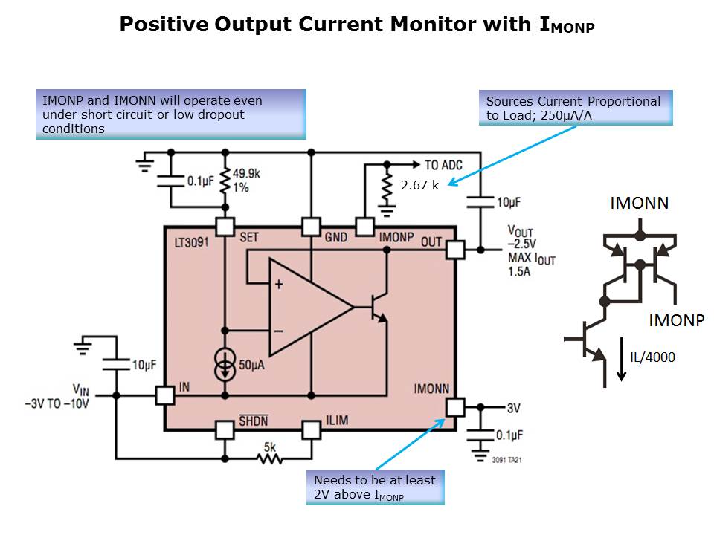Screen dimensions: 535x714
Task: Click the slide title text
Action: [x=357, y=25]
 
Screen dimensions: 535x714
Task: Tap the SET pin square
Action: [x=225, y=227]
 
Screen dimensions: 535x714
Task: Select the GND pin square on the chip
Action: [x=311, y=227]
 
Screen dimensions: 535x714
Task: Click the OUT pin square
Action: [x=454, y=249]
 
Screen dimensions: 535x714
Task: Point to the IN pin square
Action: [x=164, y=395]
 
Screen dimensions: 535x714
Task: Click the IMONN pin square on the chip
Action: [x=454, y=406]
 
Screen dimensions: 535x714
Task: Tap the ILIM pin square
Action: [x=311, y=429]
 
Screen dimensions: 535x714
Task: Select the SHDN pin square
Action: [x=225, y=429]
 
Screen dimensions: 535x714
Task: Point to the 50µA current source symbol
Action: [x=225, y=365]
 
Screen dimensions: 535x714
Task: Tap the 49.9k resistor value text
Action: [x=247, y=174]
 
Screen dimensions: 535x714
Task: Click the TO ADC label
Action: [x=444, y=164]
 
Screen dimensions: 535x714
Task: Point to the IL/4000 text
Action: [x=652, y=357]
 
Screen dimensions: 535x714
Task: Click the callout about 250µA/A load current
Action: [x=575, y=108]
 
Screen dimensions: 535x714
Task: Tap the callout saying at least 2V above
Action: [x=375, y=487]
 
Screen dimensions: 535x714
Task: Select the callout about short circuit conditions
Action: [x=170, y=114]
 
